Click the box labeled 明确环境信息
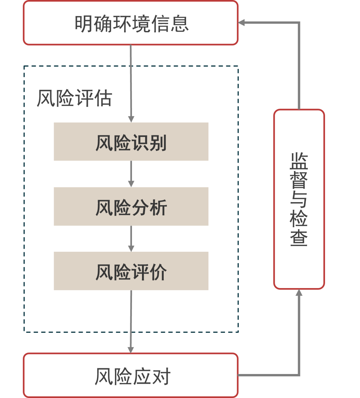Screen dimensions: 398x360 (131, 23)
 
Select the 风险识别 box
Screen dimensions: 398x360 (131, 142)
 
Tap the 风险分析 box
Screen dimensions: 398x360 (131, 206)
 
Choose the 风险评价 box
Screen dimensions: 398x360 (131, 271)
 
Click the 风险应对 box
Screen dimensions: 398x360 (131, 375)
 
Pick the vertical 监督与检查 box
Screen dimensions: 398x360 (299, 199)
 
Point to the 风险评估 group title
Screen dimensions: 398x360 (74, 98)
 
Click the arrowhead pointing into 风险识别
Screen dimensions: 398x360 (131, 119)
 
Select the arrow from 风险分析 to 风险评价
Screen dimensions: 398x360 (131, 238)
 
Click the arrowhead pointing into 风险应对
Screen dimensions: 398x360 (131, 349)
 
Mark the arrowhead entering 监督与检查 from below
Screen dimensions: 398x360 (299, 293)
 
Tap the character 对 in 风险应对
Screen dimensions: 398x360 (161, 376)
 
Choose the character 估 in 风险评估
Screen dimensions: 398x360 (103, 98)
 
